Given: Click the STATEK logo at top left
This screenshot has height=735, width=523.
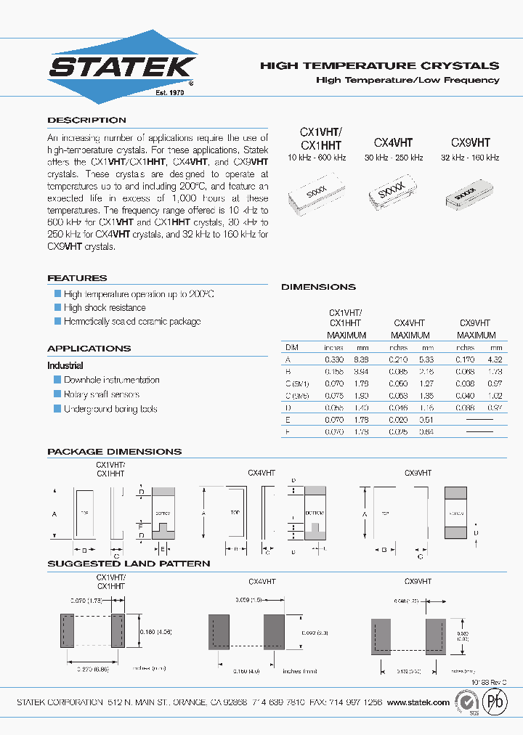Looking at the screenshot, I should tap(122, 68).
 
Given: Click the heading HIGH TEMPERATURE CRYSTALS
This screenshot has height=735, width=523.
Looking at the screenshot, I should tap(379, 65).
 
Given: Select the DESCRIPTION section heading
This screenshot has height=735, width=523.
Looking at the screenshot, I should tap(86, 120).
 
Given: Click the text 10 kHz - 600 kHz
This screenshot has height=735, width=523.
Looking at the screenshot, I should tap(317, 158).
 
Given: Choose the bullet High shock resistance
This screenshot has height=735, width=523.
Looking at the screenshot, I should tap(105, 308).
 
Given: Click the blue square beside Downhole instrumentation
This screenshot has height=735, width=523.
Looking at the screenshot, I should tap(57, 380).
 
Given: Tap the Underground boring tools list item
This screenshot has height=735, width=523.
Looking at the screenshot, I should tap(110, 409).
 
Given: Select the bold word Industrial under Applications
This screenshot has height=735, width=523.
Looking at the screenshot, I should tap(65, 365).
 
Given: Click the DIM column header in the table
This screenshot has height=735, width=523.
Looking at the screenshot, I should tap(291, 348).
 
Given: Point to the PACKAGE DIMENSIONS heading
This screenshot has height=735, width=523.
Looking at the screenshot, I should tap(114, 452).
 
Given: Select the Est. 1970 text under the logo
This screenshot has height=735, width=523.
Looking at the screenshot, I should tap(171, 93).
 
